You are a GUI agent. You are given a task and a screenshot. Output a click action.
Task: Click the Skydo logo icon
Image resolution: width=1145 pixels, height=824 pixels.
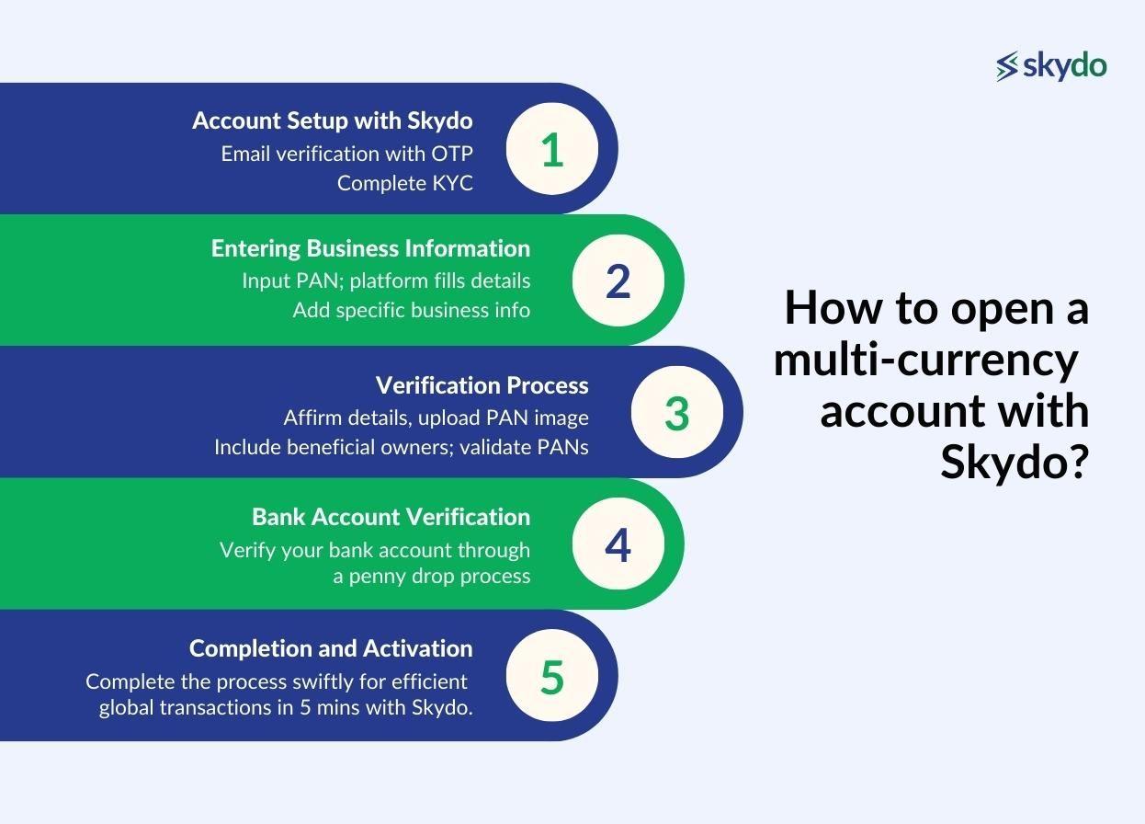coord(1007,66)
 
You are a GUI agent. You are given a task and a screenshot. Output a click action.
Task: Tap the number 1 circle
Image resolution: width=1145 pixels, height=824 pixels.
coord(552,149)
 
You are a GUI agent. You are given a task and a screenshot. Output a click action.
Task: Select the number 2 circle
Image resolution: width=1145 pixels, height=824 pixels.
coord(618,280)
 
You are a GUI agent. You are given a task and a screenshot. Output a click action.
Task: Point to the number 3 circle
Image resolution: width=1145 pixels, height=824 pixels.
coord(676,412)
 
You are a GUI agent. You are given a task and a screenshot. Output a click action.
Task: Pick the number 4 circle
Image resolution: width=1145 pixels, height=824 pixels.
coord(618,544)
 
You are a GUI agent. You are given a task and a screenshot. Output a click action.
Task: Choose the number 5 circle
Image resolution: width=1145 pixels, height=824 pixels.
coord(552,675)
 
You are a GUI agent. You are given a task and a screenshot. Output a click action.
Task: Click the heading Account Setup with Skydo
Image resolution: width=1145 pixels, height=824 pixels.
coord(333,121)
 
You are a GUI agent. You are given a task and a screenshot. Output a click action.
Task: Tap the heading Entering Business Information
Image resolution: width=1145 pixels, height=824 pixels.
coord(370,248)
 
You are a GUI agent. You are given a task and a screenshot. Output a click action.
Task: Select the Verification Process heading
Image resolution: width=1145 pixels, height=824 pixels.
coord(482,385)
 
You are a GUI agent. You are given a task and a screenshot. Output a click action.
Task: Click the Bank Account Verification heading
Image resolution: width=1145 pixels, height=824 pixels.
coord(391,517)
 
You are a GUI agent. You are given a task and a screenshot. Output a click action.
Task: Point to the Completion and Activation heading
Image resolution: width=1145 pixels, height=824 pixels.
coord(331,648)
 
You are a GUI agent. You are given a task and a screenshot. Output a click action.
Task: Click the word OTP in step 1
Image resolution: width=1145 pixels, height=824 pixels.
coord(452,154)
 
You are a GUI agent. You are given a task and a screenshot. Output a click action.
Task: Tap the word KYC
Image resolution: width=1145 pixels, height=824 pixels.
coord(453,183)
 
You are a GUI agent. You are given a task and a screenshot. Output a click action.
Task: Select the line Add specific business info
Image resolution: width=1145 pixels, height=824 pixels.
coord(412,310)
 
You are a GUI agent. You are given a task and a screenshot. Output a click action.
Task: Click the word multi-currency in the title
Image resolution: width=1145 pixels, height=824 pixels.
coord(925,360)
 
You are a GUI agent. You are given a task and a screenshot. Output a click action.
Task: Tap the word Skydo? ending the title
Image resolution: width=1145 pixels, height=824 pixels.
coord(1015,462)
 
